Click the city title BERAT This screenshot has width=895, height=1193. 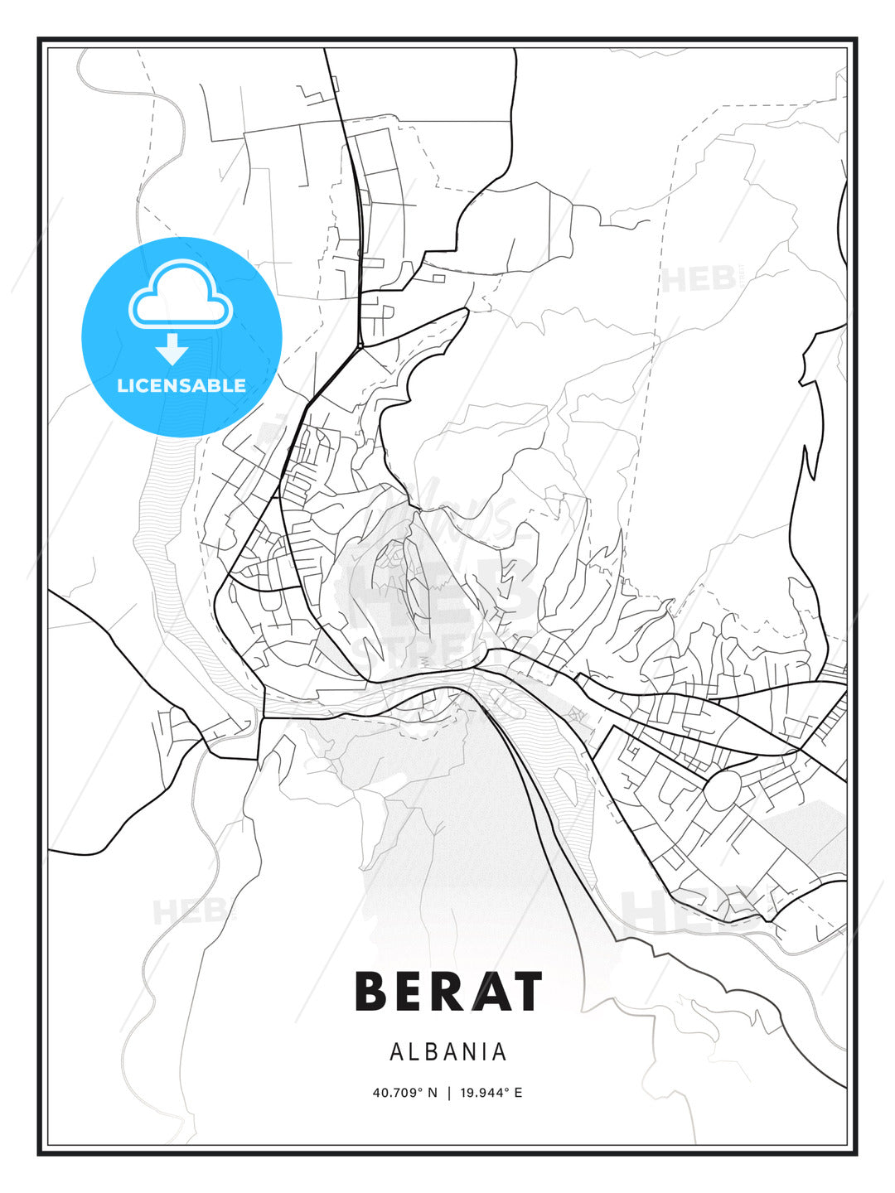[448, 991]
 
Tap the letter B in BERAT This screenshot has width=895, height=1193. [372, 991]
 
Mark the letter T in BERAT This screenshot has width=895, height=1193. [526, 991]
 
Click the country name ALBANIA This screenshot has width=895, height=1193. [448, 1051]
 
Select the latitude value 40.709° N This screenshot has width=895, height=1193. [404, 1093]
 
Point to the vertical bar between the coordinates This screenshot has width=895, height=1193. [449, 1093]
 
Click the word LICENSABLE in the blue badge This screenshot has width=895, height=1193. [181, 385]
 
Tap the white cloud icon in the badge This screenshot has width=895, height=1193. [181, 296]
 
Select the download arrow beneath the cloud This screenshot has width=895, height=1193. [172, 349]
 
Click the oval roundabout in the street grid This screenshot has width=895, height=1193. [723, 790]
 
